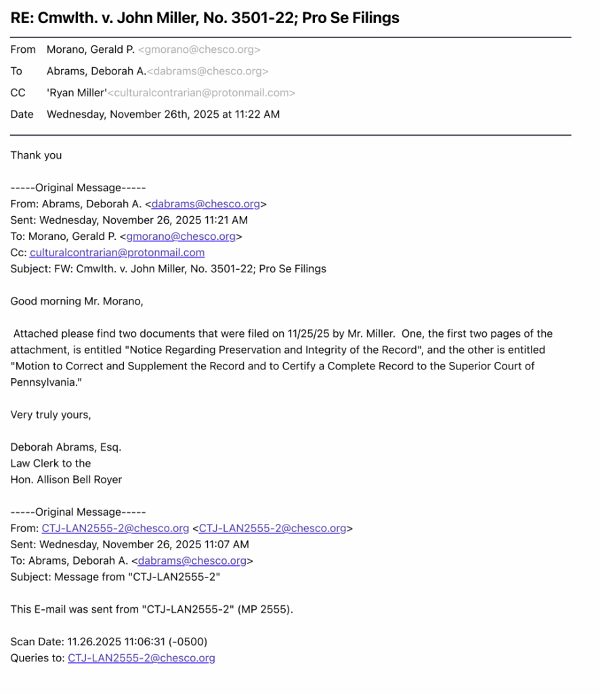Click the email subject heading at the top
(205, 18)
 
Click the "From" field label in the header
(23, 49)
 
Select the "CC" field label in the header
(18, 93)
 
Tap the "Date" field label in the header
(22, 115)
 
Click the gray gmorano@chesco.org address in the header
(199, 49)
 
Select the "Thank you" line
(36, 155)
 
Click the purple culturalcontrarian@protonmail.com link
(117, 253)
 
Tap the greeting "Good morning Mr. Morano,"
(77, 302)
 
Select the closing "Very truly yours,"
(51, 415)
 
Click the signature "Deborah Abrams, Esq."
(66, 447)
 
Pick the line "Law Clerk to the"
(51, 464)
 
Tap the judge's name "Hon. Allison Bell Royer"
(66, 480)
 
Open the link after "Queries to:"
(142, 658)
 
